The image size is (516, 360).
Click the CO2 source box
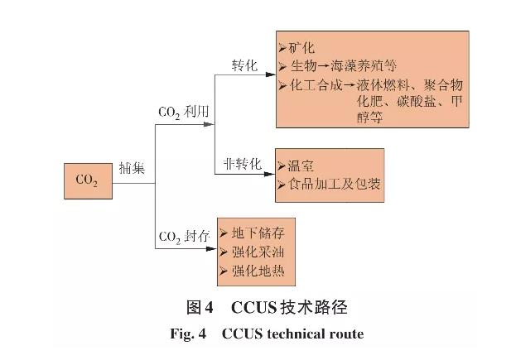point(87,180)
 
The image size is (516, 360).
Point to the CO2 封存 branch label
point(185,240)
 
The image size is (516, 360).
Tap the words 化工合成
point(313,85)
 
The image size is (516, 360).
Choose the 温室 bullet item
point(300,165)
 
